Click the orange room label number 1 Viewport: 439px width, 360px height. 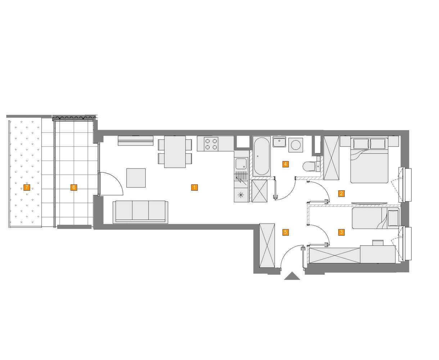(x=194, y=188)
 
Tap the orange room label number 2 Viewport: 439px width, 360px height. (x=341, y=193)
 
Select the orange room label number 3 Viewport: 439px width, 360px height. (x=341, y=232)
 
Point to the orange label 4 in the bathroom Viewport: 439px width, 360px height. (x=285, y=164)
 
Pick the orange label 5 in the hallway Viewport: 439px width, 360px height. (x=286, y=232)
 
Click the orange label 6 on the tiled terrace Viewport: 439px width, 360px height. (x=74, y=187)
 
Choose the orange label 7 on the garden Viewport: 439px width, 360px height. (x=27, y=187)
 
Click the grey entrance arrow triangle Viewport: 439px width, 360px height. (x=292, y=276)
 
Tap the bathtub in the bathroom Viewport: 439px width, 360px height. (x=262, y=156)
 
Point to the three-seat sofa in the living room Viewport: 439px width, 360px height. (x=140, y=212)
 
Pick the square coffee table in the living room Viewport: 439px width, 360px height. (x=136, y=178)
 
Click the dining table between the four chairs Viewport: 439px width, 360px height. (x=175, y=152)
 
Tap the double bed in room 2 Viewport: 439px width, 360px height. (x=369, y=160)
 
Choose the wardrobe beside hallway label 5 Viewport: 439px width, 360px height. (x=267, y=246)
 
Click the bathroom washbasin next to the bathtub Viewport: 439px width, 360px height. (x=279, y=142)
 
